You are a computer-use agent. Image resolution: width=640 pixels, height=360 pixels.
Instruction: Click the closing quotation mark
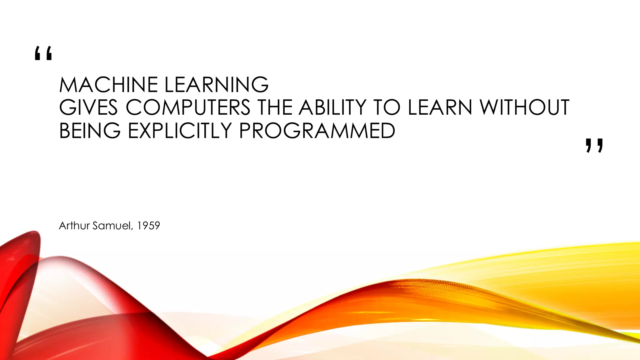[594, 146]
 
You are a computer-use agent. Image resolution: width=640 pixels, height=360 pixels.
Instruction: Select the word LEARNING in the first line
[216, 85]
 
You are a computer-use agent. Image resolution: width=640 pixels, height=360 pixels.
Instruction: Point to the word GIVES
[88, 107]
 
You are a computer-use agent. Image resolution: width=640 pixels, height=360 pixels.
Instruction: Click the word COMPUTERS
[188, 107]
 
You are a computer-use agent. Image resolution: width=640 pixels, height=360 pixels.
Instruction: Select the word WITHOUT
[524, 107]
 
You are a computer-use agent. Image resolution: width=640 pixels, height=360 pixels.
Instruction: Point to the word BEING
[90, 131]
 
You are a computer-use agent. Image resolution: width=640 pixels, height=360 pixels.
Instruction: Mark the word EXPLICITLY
[180, 131]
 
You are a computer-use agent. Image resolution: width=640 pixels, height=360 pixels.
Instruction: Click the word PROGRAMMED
[317, 131]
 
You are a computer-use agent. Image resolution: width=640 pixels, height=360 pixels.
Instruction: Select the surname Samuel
[112, 226]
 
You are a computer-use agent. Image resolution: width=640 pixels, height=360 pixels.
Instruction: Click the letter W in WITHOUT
[490, 107]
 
